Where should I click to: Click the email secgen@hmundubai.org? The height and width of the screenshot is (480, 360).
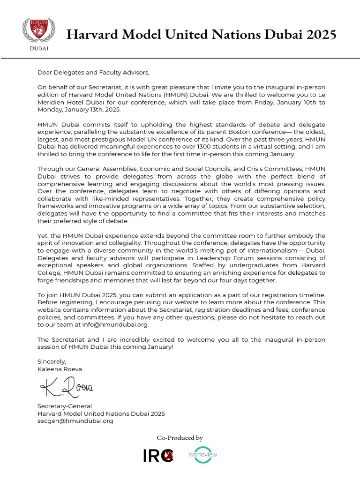coord(75,420)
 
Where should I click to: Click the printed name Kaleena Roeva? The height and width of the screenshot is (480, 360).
coord(60,368)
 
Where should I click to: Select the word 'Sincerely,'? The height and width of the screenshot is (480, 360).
coord(52,361)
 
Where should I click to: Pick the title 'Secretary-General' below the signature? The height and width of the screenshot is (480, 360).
coord(65,406)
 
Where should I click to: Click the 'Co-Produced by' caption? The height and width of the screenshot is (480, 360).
coord(180,438)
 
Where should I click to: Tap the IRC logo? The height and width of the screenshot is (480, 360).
coord(158,455)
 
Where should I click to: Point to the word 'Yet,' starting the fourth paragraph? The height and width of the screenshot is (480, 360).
coord(43,235)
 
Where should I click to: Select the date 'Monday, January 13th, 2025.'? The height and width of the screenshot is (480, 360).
coord(79,109)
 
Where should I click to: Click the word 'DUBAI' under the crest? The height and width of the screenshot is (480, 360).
coord(39,48)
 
